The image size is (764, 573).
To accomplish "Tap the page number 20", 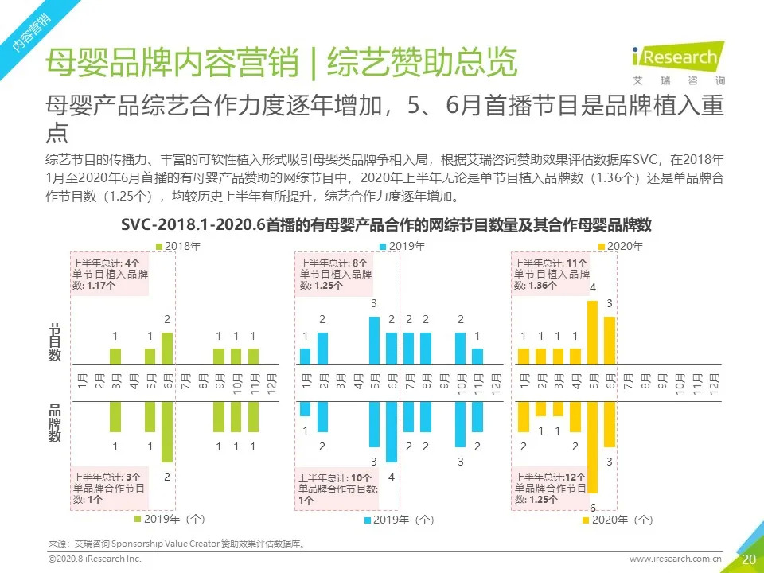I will pyautogui.click(x=748, y=559).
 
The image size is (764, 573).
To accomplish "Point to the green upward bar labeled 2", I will pyautogui.click(x=167, y=348).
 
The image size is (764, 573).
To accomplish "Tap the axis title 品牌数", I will pyautogui.click(x=55, y=423).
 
